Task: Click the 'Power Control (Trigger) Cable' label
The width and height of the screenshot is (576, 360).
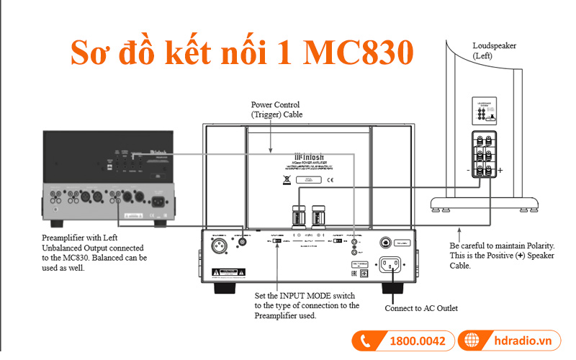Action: (277, 109)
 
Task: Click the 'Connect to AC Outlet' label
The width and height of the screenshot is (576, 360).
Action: (421, 309)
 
